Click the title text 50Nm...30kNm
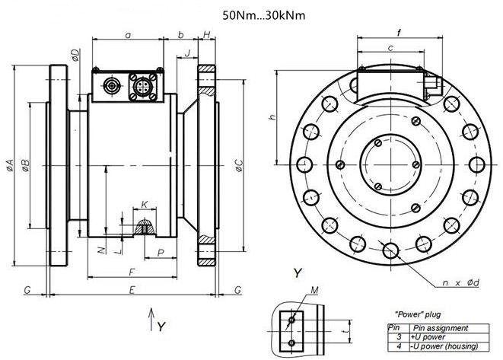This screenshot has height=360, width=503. [x=264, y=15]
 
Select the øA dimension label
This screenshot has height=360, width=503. [x=10, y=165]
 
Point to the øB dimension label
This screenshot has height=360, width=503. [x=26, y=165]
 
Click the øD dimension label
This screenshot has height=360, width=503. [x=75, y=56]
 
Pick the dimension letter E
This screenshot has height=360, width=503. [x=132, y=290]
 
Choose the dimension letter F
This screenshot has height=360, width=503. [x=132, y=272]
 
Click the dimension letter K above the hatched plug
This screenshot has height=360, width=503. [x=145, y=205]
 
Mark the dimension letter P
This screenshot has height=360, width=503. [x=161, y=253]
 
